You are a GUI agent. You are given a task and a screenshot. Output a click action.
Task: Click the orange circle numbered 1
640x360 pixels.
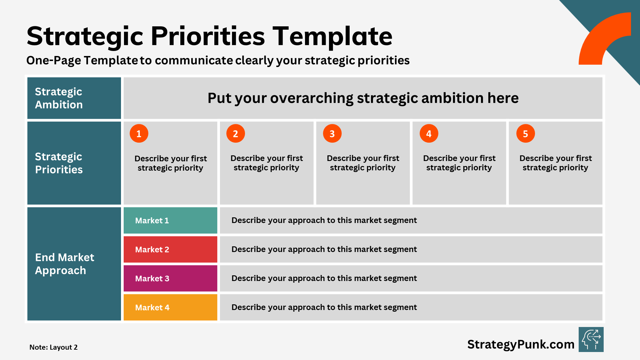139,133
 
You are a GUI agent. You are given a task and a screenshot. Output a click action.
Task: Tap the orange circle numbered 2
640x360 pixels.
235,133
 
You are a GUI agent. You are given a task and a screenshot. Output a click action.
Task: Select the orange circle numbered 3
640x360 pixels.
332,133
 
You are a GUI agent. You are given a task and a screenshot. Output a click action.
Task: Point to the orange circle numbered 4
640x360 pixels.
429,133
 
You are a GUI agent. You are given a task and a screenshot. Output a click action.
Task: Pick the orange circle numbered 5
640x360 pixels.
525,133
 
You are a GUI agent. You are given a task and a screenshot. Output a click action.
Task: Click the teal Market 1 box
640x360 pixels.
170,220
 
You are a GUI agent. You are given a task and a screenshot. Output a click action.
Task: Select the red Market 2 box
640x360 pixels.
170,249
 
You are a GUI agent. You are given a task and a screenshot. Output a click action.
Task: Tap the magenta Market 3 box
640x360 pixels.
170,278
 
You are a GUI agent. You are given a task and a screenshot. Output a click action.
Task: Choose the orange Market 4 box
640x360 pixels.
170,307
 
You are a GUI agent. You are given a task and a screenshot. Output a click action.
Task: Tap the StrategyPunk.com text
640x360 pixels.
521,344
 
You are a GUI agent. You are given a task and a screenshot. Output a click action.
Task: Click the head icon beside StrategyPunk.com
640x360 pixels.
591,339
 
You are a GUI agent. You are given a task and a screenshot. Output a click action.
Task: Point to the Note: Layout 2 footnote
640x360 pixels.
53,347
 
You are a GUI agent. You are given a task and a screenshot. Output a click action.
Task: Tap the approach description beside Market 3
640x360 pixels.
324,278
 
